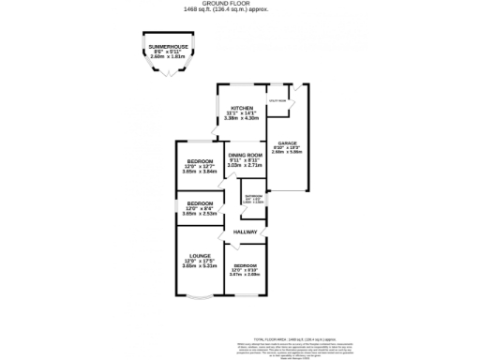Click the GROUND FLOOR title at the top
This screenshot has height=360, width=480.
pyautogui.click(x=240, y=3)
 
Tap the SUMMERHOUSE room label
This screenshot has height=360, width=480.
pyautogui.click(x=170, y=47)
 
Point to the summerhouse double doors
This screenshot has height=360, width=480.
pyautogui.click(x=170, y=75)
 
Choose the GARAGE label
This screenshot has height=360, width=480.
pyautogui.click(x=286, y=142)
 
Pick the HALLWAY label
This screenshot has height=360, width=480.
pyautogui.click(x=245, y=231)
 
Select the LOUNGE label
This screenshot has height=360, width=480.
pyautogui.click(x=199, y=255)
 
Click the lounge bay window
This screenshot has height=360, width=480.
pyautogui.click(x=199, y=302)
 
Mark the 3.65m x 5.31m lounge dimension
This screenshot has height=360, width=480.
pyautogui.click(x=199, y=266)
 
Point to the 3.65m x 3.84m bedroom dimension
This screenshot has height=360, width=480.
pyautogui.click(x=199, y=172)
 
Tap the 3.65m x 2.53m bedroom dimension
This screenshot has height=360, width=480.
pyautogui.click(x=199, y=214)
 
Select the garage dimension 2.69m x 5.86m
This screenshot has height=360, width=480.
pyautogui.click(x=286, y=153)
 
